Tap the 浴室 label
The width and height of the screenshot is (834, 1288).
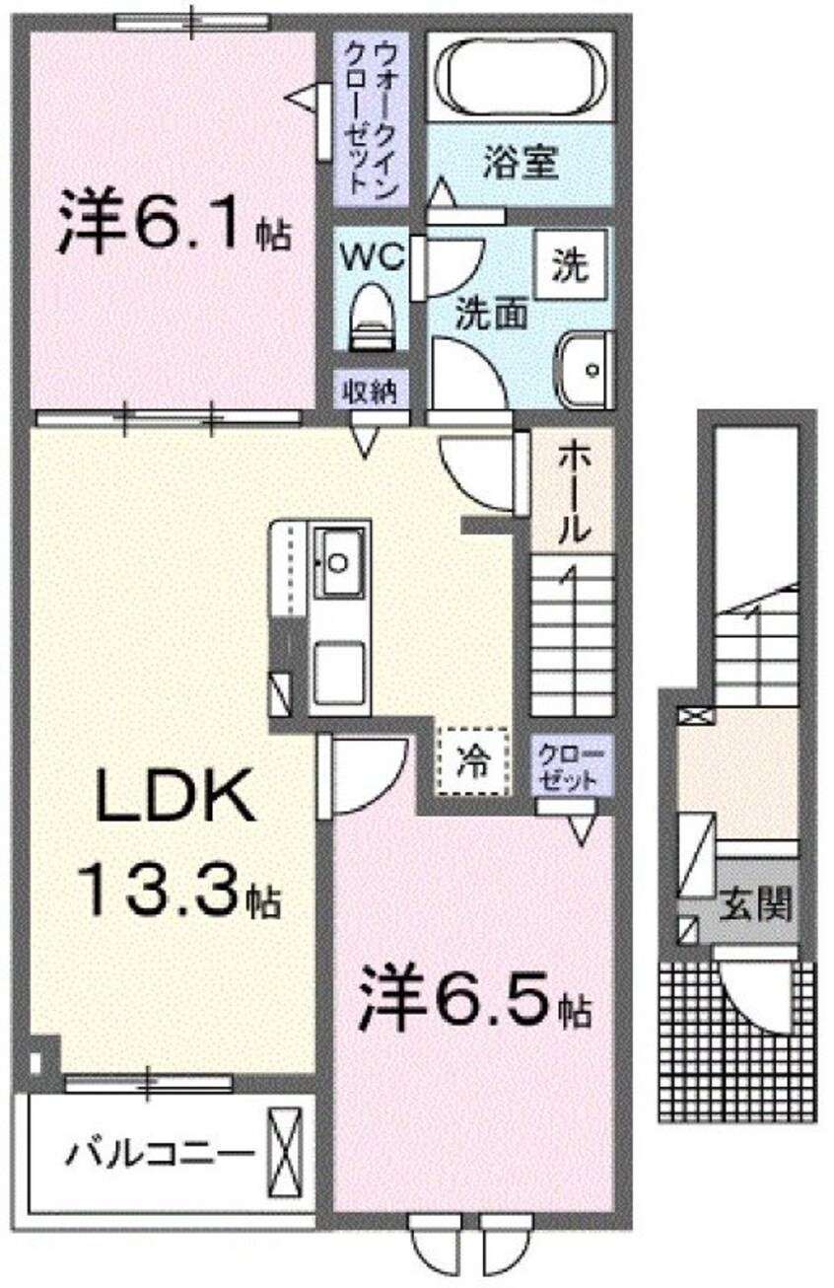pyautogui.click(x=521, y=163)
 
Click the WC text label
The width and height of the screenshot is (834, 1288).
pyautogui.click(x=372, y=257)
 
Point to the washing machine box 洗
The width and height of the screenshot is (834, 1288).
pyautogui.click(x=569, y=263)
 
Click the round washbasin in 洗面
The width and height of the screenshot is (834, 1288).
pyautogui.click(x=589, y=370)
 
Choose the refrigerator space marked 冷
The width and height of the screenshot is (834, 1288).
pyautogui.click(x=472, y=760)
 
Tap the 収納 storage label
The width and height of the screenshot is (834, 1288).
pyautogui.click(x=369, y=392)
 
